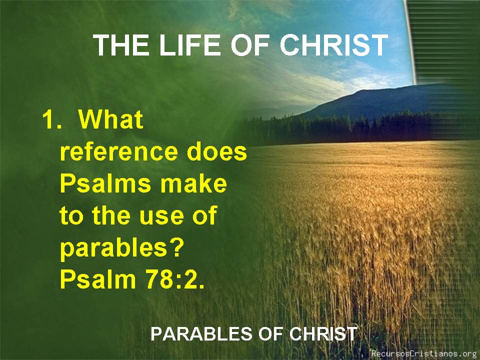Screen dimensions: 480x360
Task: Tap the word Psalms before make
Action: coord(105,183)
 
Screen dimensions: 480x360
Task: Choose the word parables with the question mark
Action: coord(121,248)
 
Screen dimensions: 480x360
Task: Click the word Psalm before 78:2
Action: coord(98,278)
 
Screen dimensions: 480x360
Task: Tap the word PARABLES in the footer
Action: coord(201,333)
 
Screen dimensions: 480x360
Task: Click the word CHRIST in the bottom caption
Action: coord(322,333)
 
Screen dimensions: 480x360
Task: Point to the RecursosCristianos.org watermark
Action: coord(424,353)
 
